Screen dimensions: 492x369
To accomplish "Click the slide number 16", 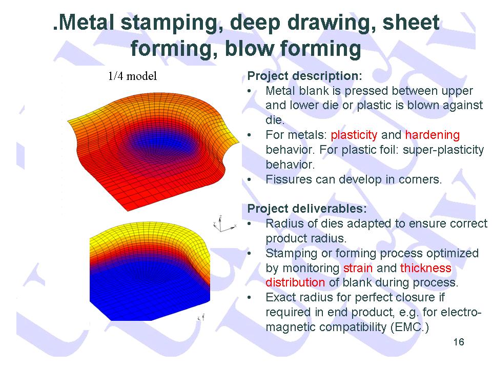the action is point(459,342).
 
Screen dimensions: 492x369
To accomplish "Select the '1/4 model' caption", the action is point(132,76).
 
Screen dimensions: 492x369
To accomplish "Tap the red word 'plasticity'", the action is point(354,135).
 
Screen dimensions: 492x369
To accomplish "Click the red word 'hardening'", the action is point(433,135).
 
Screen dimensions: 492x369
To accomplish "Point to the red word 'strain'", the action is point(358,268).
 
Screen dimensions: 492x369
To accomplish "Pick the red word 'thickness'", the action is point(426,268).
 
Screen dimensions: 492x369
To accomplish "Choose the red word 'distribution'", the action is point(295,282).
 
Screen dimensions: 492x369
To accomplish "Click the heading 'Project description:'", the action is point(304,76).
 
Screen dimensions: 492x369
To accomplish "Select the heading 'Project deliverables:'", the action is point(307,209).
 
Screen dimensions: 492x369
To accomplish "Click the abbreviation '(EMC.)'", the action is point(409,327).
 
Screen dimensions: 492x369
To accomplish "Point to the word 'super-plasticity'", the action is point(443,150).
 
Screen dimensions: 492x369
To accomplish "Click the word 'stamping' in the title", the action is point(170,23).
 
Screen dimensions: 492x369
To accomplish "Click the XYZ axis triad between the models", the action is point(223,224).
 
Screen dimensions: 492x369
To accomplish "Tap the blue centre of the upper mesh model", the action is point(160,143).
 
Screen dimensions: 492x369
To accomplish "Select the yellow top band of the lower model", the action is point(148,233).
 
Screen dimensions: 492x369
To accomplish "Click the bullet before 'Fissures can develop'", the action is point(249,180).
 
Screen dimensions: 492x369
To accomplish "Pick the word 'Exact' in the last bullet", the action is point(281,297).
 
